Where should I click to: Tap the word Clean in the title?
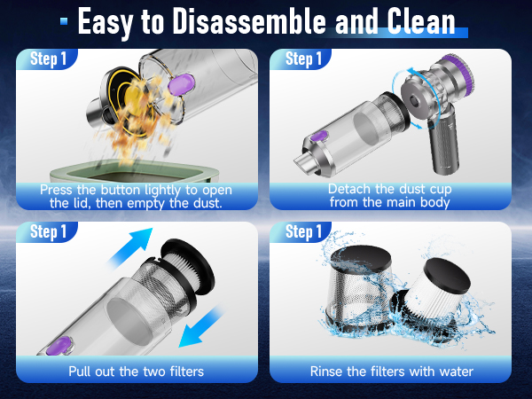click(413, 21)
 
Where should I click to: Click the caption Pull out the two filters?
click(137, 371)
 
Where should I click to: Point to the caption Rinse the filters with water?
click(391, 371)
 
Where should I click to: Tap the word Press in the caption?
click(59, 189)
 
